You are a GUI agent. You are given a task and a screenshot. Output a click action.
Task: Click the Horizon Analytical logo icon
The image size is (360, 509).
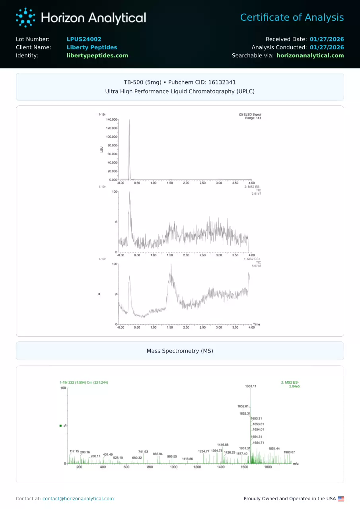click(25, 18)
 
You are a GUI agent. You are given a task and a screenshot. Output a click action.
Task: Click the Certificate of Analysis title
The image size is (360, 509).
click(292, 18)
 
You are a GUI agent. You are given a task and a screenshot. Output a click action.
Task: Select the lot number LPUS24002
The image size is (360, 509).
click(84, 39)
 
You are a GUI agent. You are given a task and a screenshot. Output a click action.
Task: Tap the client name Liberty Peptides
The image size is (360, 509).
click(92, 47)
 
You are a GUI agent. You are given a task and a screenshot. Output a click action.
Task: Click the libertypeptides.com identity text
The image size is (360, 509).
click(97, 56)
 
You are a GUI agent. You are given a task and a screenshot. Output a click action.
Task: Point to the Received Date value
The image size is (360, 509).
click(327, 39)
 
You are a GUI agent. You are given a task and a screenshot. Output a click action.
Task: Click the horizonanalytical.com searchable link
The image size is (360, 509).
click(310, 56)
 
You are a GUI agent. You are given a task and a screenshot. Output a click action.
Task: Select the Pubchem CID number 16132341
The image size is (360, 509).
click(222, 82)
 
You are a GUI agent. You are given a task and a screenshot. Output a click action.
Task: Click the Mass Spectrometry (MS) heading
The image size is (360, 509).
click(180, 351)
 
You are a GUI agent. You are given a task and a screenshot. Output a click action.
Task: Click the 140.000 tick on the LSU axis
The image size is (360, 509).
click(112, 119)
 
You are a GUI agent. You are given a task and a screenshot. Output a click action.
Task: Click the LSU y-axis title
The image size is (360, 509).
click(102, 149)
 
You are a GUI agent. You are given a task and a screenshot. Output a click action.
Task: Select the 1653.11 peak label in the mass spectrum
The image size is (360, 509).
click(251, 386)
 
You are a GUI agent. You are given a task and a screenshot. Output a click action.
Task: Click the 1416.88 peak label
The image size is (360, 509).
click(223, 445)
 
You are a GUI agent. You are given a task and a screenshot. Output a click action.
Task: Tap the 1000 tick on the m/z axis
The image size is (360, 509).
click(173, 467)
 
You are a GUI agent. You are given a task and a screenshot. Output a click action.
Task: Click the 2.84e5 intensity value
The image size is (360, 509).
click(294, 386)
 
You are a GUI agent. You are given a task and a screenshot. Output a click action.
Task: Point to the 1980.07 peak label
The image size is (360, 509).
click(289, 452)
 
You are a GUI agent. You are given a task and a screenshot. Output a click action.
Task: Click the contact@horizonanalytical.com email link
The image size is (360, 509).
click(78, 499)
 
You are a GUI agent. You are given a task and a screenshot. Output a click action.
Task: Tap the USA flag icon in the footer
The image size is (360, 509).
click(341, 499)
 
